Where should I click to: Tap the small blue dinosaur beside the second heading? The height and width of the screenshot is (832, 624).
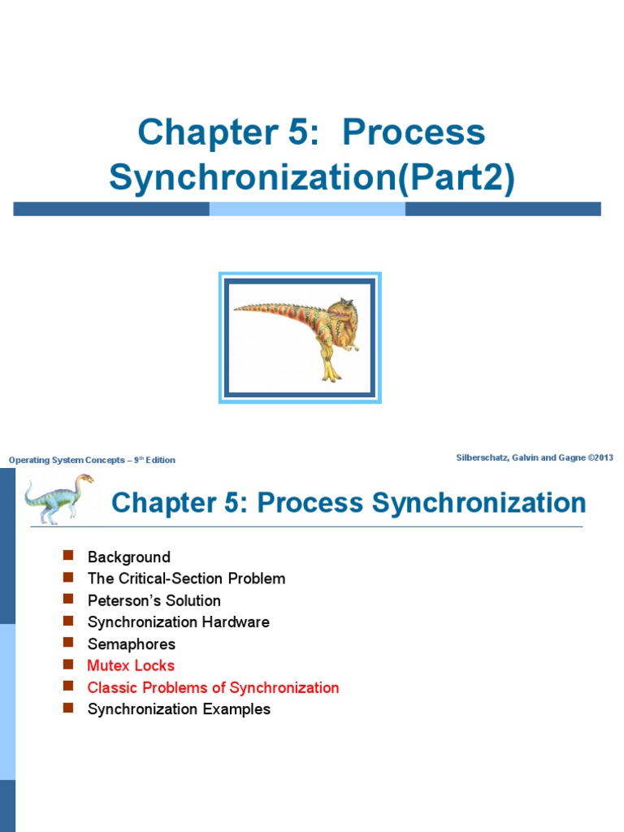[57, 497]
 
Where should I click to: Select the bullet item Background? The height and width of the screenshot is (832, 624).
[128, 557]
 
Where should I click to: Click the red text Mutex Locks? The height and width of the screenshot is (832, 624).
[131, 666]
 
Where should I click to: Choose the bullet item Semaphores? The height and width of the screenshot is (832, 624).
[131, 644]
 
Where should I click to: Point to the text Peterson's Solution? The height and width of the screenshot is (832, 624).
[154, 601]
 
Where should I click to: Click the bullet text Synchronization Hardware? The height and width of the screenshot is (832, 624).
[178, 622]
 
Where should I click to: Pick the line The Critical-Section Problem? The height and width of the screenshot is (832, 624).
[186, 579]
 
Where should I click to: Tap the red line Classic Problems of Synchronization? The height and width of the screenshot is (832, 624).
[213, 688]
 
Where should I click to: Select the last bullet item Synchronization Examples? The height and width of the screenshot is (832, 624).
[179, 709]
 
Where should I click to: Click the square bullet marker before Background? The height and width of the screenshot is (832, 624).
[68, 556]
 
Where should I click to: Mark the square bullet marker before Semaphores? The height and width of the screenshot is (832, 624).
[68, 643]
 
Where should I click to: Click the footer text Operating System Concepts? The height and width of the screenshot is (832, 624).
[67, 460]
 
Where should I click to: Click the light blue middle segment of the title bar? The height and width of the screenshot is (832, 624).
[307, 209]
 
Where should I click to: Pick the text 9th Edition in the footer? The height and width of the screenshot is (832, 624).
[154, 460]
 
